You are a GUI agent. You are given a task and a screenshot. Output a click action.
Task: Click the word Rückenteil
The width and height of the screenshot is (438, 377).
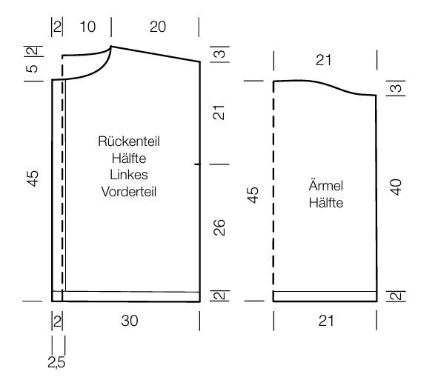tap(129, 141)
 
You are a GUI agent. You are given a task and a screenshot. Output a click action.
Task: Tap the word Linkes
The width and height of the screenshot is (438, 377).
tap(129, 175)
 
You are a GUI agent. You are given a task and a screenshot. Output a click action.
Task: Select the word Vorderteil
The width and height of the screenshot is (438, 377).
tap(129, 192)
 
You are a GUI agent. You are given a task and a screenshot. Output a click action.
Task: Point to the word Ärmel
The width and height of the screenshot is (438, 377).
tap(325, 185)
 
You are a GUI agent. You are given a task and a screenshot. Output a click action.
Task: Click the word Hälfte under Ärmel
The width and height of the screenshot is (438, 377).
tap(326, 203)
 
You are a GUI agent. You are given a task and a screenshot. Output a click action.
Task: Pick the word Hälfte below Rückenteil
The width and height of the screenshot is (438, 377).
tap(129, 159)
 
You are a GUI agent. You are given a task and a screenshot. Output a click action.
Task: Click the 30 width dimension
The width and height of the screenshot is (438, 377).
tap(130, 321)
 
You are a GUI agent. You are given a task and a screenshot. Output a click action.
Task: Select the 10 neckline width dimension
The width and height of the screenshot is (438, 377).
tap(87, 27)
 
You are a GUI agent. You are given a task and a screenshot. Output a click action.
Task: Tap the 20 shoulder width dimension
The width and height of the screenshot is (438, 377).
tap(158, 27)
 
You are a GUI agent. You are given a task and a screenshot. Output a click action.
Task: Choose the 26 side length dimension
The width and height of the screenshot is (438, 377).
tap(219, 227)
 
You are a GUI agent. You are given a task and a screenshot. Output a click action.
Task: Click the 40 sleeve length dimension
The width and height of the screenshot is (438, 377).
tap(396, 187)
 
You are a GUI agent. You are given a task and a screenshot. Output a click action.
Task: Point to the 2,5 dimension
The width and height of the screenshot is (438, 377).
tap(56, 362)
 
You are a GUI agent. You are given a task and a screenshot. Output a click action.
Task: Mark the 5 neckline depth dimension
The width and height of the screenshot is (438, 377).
tap(32, 68)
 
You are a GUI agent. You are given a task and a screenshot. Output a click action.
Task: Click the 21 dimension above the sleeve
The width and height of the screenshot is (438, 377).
tap(323, 60)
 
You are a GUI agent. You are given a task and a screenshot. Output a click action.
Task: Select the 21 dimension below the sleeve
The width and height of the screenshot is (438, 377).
tap(326, 321)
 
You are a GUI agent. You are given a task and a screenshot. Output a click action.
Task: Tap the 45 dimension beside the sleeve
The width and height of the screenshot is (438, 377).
tap(253, 195)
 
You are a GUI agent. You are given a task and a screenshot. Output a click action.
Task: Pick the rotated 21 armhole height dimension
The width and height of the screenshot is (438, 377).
tap(219, 113)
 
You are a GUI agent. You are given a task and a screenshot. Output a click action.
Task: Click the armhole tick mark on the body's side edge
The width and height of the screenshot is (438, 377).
tap(197, 164)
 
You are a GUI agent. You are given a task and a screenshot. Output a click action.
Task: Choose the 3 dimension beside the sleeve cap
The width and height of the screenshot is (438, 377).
tap(396, 88)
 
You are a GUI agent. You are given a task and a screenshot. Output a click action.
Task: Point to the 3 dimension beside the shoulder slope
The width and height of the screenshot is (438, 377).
tap(220, 53)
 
